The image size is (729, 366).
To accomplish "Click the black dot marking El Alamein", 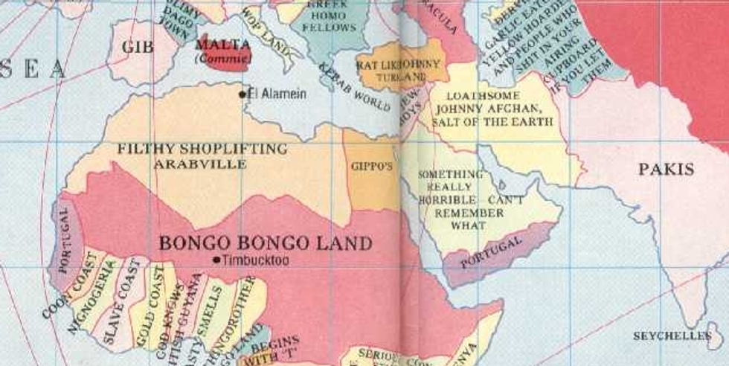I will click(243, 94).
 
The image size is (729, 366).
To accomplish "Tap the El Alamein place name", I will click(276, 94).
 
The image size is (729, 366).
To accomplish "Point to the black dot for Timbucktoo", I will click(216, 260).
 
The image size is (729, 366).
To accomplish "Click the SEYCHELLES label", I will click(672, 336).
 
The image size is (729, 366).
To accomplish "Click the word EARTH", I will click(531, 121).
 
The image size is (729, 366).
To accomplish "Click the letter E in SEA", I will click(31, 69).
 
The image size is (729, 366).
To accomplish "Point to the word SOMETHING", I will click(450, 174).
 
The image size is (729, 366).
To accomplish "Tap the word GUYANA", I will click(195, 298).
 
